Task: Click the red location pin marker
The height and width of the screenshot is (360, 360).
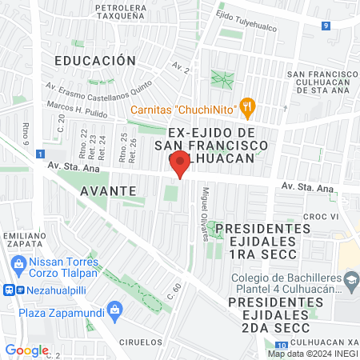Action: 179,164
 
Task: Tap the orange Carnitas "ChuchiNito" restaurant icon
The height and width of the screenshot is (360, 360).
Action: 248,104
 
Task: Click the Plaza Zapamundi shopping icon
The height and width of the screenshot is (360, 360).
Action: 115,309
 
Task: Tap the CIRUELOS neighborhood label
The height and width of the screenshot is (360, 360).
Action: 143,341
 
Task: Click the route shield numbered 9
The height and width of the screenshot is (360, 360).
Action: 326,26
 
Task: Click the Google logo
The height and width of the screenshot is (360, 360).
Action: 27,350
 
